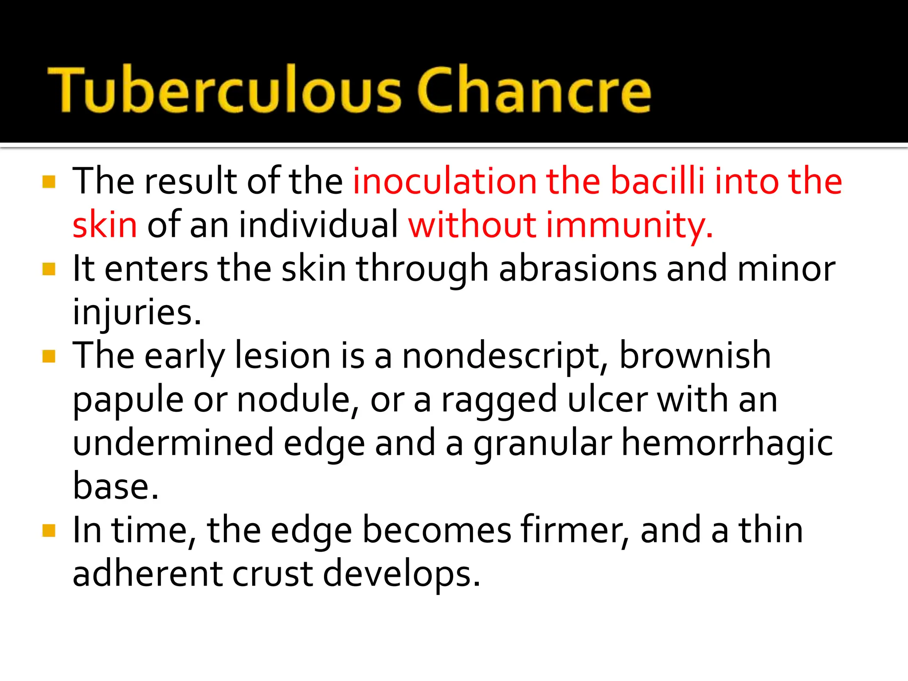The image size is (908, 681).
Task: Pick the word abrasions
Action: [x=578, y=268]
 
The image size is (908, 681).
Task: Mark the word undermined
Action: [x=173, y=443]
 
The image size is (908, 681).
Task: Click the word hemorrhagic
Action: [x=727, y=443]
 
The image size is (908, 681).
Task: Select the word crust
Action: [x=272, y=574]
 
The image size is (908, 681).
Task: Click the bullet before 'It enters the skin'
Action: [x=49, y=269]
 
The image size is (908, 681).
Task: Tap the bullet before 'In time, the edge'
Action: [x=49, y=531]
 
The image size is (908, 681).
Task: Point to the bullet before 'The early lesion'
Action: [x=49, y=356]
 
